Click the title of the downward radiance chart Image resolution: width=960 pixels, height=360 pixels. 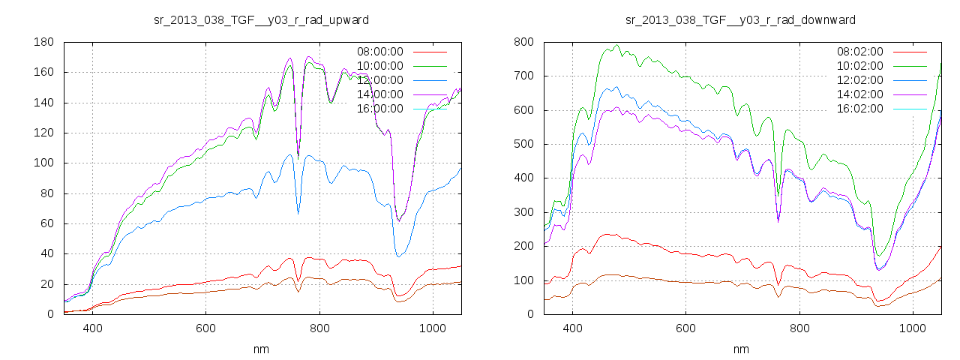[x=740, y=19]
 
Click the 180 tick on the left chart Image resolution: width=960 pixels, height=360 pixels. [x=43, y=42]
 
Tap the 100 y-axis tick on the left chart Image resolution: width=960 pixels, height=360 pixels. [x=43, y=163]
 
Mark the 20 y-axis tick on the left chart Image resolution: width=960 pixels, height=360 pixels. [x=46, y=284]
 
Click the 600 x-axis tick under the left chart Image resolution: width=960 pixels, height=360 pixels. [x=206, y=328]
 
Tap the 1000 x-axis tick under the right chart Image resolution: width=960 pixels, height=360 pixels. [x=913, y=328]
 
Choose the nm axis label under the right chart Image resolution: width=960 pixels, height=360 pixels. [x=740, y=349]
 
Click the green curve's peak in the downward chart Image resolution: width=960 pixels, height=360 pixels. [x=616, y=45]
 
